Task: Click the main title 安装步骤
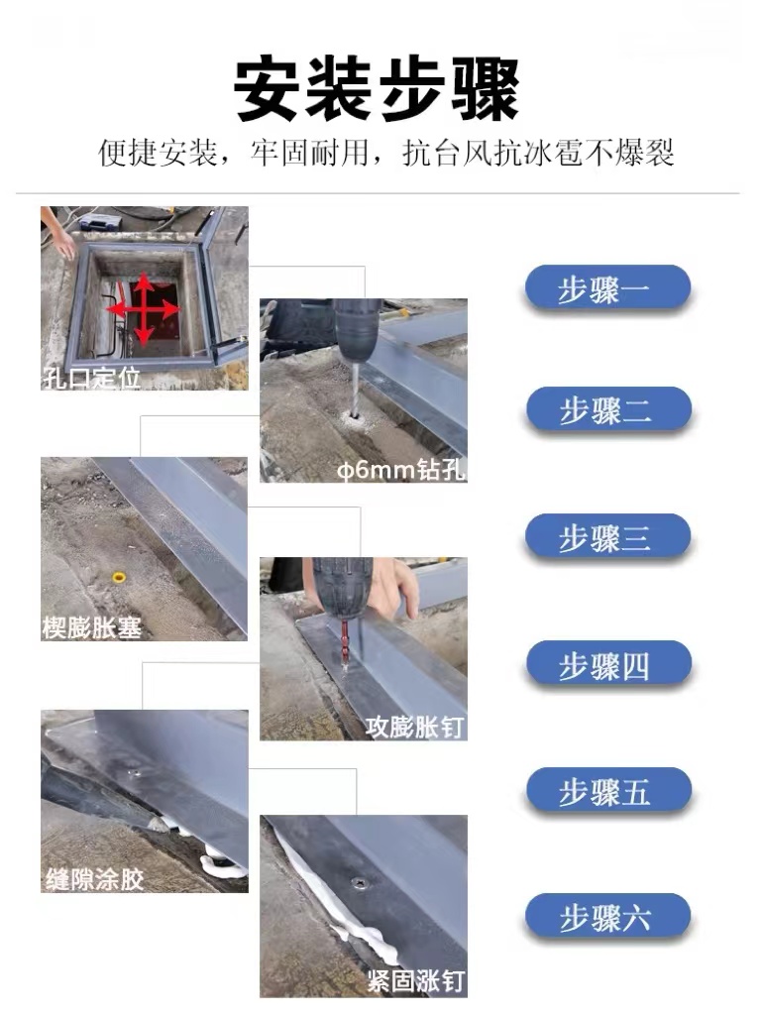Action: point(377,90)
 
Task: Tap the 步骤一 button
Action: point(605,290)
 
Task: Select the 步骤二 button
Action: point(605,410)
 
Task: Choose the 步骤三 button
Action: point(605,537)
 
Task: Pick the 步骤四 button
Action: point(605,665)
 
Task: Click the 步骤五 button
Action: point(605,792)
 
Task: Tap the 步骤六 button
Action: point(605,917)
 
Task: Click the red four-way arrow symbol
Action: point(144,310)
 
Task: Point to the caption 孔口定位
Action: point(92,378)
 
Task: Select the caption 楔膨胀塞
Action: point(92,627)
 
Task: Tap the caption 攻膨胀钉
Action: point(415,727)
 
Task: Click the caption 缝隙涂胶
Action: point(95,878)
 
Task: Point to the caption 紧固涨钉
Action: point(415,982)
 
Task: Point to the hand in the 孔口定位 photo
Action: point(63,241)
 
